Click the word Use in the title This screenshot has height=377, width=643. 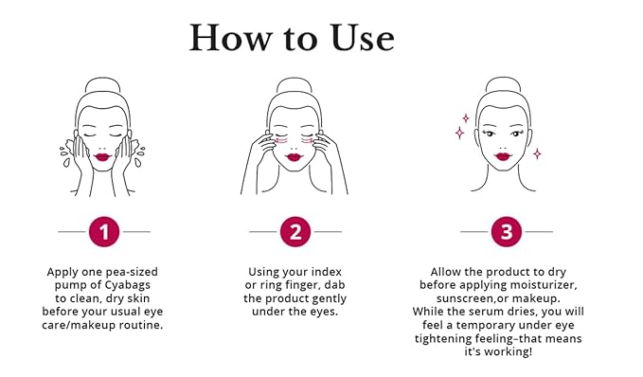352,37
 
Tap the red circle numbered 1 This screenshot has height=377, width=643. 104,231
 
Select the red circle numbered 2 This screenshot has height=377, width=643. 295,231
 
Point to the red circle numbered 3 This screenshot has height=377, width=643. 506,231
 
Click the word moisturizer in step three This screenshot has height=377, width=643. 542,285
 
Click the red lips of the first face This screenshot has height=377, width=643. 105,155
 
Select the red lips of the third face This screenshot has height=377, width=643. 504,155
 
